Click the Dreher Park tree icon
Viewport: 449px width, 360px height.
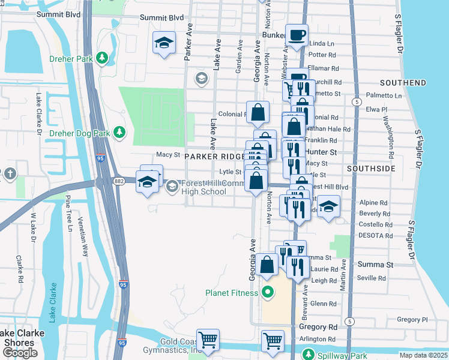[x=103, y=58]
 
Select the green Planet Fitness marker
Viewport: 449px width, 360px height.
[x=267, y=293]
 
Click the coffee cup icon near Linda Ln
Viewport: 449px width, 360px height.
[x=296, y=36]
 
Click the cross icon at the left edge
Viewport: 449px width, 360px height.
[x=10, y=174]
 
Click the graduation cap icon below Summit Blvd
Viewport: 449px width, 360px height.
[x=163, y=43]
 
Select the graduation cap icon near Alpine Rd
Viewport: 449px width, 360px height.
[x=327, y=207]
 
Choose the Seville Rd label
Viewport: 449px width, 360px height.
[x=371, y=278]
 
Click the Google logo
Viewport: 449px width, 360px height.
[x=20, y=353]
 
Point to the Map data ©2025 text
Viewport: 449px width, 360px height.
[x=423, y=355]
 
